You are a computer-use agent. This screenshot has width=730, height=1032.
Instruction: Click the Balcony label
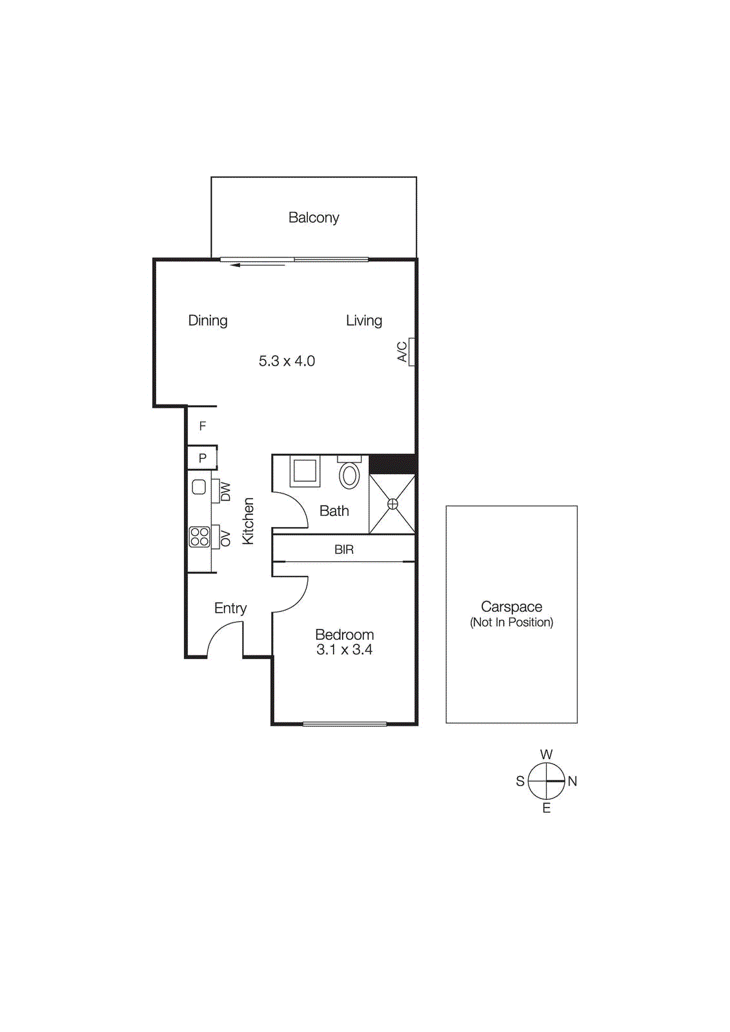tap(314, 218)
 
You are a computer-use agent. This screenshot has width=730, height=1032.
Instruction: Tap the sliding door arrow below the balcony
tap(258, 265)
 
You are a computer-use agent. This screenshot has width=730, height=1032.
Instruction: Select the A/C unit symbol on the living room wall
tap(411, 352)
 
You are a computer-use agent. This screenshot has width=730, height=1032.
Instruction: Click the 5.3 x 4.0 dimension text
tap(287, 361)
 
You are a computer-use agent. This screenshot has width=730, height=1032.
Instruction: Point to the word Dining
tap(208, 321)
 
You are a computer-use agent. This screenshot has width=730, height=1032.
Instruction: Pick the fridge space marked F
tap(202, 426)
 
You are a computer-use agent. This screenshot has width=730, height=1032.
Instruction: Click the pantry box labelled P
tap(202, 458)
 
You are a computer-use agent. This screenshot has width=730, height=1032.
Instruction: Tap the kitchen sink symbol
tap(199, 487)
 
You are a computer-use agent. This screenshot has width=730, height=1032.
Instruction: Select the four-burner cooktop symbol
tap(199, 537)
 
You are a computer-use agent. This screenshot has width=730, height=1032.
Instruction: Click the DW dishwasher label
tap(225, 492)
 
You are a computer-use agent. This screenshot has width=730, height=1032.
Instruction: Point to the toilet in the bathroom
tap(349, 475)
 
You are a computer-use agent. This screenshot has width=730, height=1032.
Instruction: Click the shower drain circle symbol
tap(392, 504)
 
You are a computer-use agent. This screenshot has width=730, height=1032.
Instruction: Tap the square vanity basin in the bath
tap(305, 471)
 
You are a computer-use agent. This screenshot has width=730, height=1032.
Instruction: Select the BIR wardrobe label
tap(344, 550)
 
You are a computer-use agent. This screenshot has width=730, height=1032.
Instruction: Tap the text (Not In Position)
tap(511, 622)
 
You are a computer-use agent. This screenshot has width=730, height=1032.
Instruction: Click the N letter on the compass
tap(572, 781)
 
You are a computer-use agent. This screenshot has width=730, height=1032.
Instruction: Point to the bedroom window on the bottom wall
tap(345, 724)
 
